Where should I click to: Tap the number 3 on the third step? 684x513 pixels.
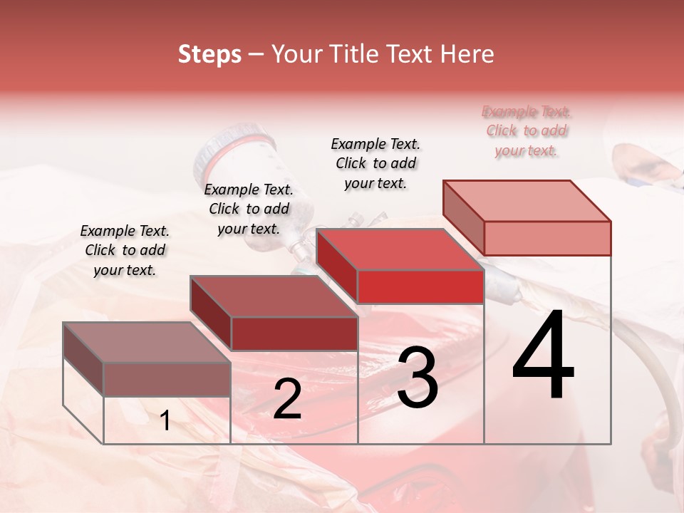pos(417,378)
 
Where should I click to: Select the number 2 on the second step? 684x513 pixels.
pos(287,399)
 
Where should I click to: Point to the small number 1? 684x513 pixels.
pos(165,421)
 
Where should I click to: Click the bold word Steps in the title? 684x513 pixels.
pos(209,54)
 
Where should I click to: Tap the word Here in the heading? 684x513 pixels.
pos(467,54)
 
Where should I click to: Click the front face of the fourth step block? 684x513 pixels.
pos(547,238)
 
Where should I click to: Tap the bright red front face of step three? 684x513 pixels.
pos(420,287)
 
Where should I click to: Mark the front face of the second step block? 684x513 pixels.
pos(294,333)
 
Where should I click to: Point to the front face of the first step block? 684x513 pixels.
pos(167,379)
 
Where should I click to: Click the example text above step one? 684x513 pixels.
pos(125,250)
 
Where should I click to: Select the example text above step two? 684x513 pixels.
pos(249,209)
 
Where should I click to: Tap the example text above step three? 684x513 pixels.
pos(375,163)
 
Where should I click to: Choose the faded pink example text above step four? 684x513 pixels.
pos(527,130)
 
